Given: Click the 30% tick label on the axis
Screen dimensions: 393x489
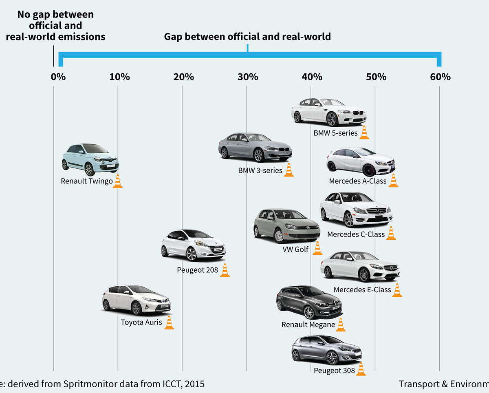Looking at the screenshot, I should [248, 77].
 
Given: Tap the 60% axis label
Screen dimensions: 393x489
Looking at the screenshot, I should [441, 77].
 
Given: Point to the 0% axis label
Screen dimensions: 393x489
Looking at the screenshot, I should [58, 77].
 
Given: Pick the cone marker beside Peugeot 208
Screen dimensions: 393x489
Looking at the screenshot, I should [225, 270].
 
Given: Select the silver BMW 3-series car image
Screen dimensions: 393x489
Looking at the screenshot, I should [255, 148].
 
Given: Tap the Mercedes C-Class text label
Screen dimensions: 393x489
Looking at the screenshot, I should [356, 234].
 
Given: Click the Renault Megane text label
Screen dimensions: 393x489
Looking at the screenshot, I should [308, 325].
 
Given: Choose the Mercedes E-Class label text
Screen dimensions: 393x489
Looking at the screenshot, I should [362, 290].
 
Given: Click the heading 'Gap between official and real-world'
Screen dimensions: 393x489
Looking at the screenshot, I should [247, 37].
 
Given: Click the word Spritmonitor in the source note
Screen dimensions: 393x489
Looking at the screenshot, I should [90, 384].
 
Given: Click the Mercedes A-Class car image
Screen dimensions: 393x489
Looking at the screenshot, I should [361, 162].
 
